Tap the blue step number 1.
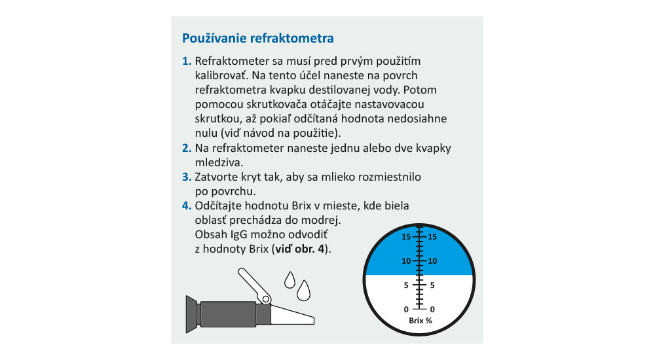tap(186, 62)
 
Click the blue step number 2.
tap(186, 148)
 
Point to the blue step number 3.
tap(186, 177)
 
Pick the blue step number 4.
tap(186, 206)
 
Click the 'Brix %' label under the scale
tap(419, 321)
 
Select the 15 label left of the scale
tap(406, 236)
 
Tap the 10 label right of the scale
tap(432, 261)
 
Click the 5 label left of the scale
tap(406, 285)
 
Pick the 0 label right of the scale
tap(432, 309)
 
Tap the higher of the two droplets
tap(289, 280)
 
